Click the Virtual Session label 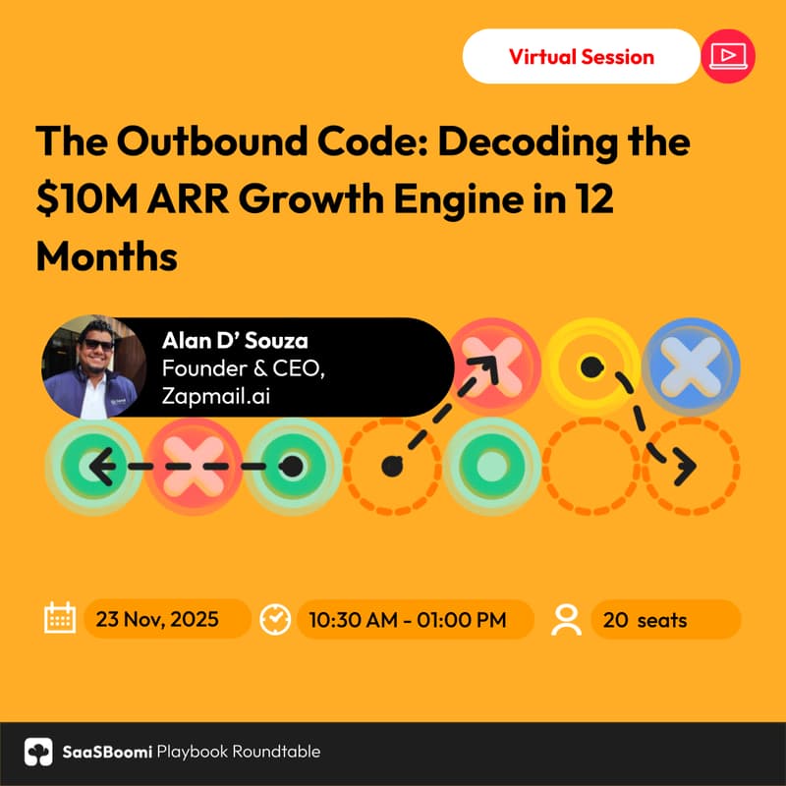(581, 56)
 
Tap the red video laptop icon (729, 56)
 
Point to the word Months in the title (106, 256)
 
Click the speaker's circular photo (87, 366)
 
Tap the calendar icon (60, 619)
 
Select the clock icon (274, 619)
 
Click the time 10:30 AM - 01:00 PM (407, 620)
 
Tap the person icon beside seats (567, 619)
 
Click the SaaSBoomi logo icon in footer (38, 752)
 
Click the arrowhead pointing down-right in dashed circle (684, 466)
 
